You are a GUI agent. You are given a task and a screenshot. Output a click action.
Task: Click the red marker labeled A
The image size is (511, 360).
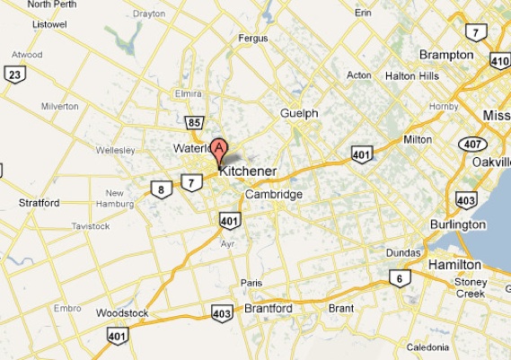pos(217,149)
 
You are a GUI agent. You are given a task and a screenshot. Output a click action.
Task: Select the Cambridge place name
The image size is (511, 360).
pos(274,194)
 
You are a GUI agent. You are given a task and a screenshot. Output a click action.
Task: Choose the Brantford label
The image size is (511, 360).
pos(269,308)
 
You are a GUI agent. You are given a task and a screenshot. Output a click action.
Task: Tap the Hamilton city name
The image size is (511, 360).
pos(454,265)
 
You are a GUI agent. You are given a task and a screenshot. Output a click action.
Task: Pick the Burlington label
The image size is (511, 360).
pos(455,224)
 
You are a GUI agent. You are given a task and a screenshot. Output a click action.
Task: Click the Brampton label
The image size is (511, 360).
pos(446,55)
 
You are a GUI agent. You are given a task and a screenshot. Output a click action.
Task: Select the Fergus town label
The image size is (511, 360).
pos(253,39)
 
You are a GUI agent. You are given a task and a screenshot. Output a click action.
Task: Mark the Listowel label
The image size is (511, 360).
pos(24,24)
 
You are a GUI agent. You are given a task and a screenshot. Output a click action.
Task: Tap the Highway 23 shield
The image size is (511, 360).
pos(13,74)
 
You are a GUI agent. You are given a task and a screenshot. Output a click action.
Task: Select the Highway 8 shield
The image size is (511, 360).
pos(161,189)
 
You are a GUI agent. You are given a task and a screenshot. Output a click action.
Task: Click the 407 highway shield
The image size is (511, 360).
pos(471,144)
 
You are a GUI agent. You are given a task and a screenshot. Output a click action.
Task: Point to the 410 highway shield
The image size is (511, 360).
pos(499,61)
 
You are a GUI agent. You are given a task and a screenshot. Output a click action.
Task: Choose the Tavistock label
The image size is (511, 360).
pos(90,226)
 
